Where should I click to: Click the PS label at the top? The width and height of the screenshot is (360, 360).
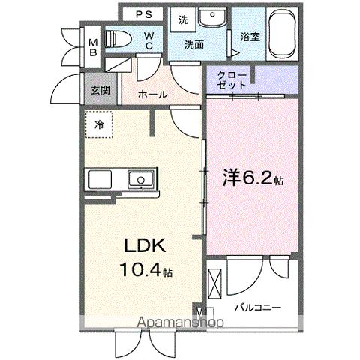(x=145, y=14)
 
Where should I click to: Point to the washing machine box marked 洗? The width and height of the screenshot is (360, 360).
(x=184, y=20)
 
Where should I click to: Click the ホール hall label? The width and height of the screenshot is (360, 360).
(x=154, y=94)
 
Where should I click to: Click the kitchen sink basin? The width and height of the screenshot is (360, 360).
(x=139, y=180)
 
